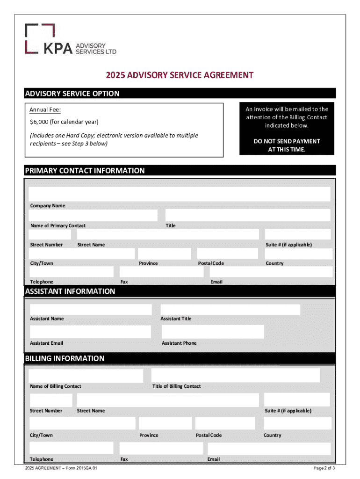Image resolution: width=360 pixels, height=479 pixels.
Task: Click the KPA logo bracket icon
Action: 40,38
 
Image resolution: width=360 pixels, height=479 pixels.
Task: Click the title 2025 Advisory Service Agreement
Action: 180,75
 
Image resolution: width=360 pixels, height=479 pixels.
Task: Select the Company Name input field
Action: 180,194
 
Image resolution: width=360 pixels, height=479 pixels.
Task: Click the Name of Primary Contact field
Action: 93,215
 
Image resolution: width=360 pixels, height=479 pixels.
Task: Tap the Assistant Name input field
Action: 91,310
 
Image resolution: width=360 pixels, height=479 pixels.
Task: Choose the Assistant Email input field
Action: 90,332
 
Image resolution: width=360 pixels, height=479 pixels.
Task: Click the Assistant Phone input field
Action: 213,332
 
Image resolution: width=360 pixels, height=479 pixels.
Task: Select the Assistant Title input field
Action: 230,310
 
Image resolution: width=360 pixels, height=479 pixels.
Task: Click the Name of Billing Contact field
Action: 86,376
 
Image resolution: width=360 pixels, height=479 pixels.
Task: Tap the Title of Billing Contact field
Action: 236,375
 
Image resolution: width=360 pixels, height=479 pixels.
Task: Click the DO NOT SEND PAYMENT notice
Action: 287,145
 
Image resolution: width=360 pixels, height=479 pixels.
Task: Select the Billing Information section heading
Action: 65,359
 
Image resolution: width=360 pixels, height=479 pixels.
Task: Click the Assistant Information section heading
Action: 70,291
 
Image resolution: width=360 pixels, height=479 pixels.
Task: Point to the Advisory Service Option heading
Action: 72,94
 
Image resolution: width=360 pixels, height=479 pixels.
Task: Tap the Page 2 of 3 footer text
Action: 324,468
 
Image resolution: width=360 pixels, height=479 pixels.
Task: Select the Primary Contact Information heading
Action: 85,171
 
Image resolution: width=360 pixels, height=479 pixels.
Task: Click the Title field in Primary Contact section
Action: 247,215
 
